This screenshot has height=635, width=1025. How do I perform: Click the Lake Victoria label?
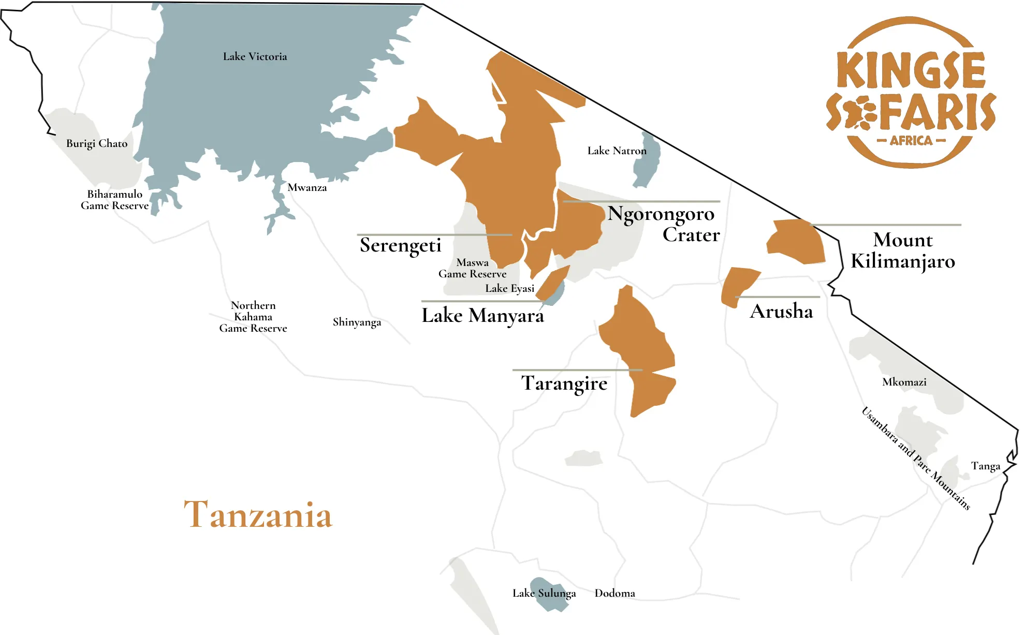[x=255, y=56]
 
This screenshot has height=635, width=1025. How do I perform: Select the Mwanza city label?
[x=307, y=187]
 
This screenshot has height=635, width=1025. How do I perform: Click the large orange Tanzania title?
[x=258, y=515]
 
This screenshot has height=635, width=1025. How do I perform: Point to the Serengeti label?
[x=400, y=245]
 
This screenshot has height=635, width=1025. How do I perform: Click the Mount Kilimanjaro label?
[x=903, y=250]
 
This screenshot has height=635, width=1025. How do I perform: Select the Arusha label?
[x=781, y=311]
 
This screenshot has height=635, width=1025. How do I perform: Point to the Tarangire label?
[x=564, y=383]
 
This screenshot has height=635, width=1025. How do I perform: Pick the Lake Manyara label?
[x=482, y=315]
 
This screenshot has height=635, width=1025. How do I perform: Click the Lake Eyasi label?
[x=509, y=288]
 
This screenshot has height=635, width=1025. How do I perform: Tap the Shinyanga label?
[x=357, y=322]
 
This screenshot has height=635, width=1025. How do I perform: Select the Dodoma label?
[x=614, y=593]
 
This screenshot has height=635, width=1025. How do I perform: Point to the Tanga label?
[x=985, y=466]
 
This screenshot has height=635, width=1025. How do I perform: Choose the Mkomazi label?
[x=904, y=382]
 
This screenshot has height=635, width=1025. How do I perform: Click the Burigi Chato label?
[x=97, y=143]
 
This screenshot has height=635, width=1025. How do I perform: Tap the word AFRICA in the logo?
[x=911, y=141]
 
